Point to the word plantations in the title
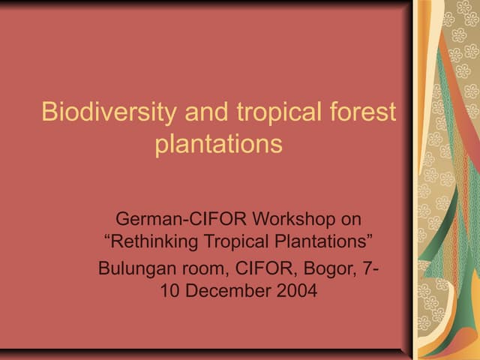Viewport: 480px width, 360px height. pyautogui.click(x=218, y=143)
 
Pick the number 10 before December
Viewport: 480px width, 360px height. pyautogui.click(x=171, y=291)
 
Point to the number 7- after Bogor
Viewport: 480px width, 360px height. pyautogui.click(x=366, y=268)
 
